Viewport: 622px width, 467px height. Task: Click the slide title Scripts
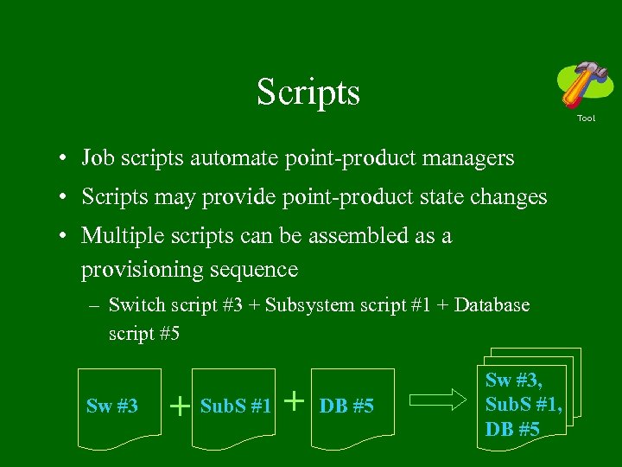308,92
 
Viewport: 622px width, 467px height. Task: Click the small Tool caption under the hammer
586,118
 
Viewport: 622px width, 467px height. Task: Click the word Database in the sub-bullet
492,304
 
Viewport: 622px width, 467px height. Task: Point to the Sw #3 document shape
112,407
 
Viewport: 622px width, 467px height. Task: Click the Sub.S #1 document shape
235,407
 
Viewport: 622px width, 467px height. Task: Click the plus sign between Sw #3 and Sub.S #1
180,405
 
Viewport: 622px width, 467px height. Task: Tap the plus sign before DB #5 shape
295,400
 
